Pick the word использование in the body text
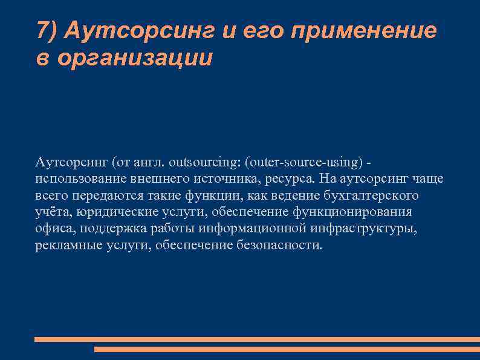[x=74, y=179]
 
